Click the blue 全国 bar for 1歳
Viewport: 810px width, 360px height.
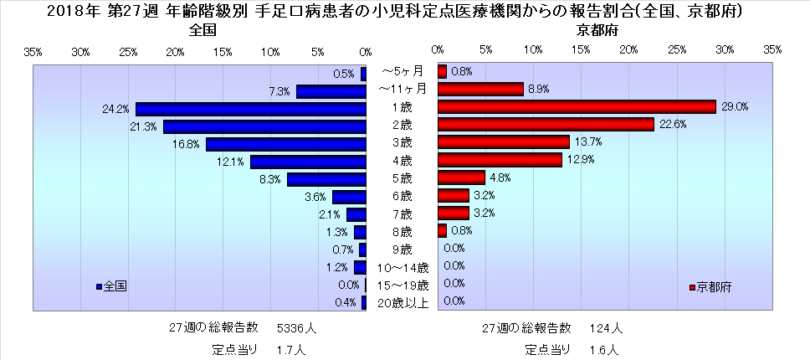click(x=251, y=109)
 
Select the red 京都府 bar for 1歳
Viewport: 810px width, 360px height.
click(x=577, y=107)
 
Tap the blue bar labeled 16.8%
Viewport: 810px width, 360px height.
click(x=286, y=144)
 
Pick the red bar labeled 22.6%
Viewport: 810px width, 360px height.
click(x=546, y=125)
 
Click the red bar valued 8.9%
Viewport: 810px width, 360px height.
click(x=480, y=89)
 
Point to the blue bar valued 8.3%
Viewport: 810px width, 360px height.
click(x=326, y=179)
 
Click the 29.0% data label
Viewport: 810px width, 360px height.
click(x=736, y=107)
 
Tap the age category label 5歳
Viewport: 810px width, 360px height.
click(x=402, y=178)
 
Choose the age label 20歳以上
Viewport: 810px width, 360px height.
click(x=402, y=302)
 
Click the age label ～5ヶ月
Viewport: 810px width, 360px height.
click(x=402, y=72)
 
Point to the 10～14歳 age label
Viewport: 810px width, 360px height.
click(x=402, y=268)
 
